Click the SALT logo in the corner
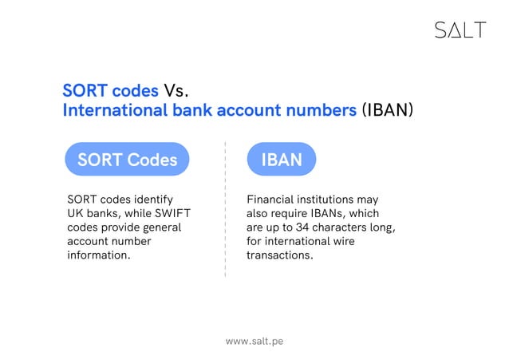460,30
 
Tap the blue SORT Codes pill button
127,160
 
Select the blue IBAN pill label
282,160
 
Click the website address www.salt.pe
254,341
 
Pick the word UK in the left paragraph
77,213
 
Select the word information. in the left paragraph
99,255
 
